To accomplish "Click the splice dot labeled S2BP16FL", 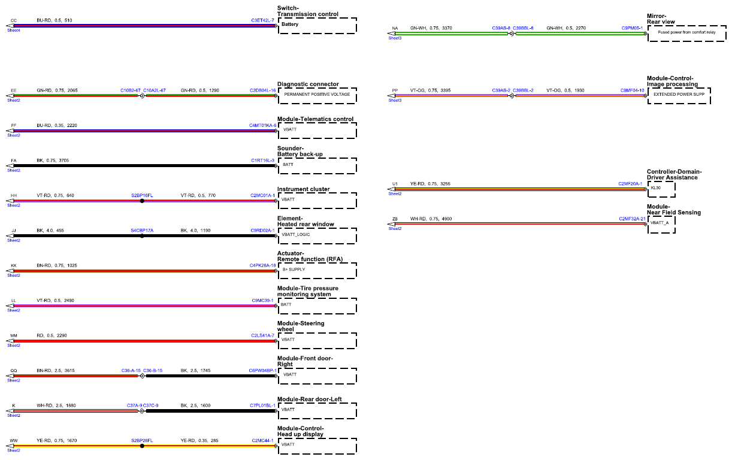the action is [x=142, y=201].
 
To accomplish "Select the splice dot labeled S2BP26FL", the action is [x=142, y=446].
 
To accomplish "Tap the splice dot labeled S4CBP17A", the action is [x=142, y=236].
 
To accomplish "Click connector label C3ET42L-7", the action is [x=262, y=20].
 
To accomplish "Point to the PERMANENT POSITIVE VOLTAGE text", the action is [x=317, y=95].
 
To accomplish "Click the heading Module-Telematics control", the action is [x=315, y=119].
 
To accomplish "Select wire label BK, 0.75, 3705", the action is [x=53, y=161].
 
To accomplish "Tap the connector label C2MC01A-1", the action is [x=262, y=195].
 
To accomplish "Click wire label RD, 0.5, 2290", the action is [x=52, y=335].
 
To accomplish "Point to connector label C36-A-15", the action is [x=131, y=371].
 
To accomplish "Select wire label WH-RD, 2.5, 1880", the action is [x=56, y=405].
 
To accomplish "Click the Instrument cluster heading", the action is [x=303, y=189].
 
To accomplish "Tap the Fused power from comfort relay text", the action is [x=686, y=32].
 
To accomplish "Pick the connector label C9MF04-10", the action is [x=633, y=90].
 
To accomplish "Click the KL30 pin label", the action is [x=655, y=188].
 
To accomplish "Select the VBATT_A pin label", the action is [x=660, y=223].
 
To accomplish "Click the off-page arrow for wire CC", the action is [x=10, y=26].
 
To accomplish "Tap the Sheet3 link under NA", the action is [x=395, y=38].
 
